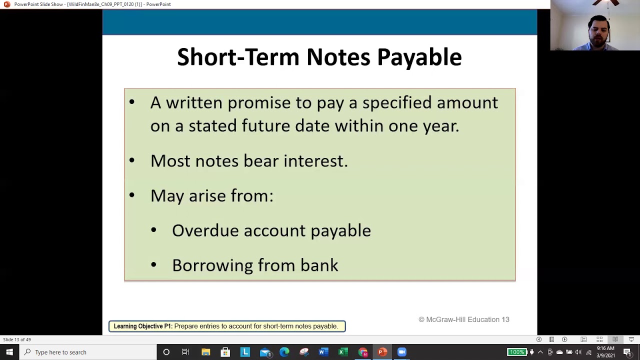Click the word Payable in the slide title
(419, 57)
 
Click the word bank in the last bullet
(319, 265)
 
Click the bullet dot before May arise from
(131, 195)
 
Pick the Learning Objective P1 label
(143, 326)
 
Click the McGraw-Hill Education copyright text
(463, 319)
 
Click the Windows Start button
(9, 352)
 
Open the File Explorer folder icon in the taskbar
(205, 352)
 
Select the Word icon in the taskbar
(322, 352)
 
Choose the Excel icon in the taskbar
(342, 352)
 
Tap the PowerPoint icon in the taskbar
(382, 352)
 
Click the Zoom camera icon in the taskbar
(401, 352)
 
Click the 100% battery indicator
(516, 352)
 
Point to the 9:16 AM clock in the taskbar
(605, 348)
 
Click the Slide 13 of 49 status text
(17, 339)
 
